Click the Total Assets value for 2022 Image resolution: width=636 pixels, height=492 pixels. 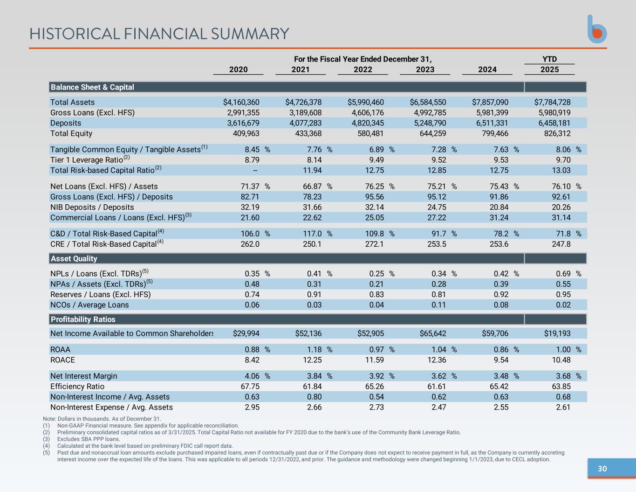coord(365,102)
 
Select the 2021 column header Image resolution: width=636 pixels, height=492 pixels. coord(301,69)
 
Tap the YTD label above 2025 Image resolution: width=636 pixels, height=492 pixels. coord(549,59)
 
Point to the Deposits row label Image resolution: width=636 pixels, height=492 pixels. coord(66,123)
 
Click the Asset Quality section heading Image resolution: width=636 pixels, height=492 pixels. coord(74,258)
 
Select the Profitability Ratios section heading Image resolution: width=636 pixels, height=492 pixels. coord(83,319)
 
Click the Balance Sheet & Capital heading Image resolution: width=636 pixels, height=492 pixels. coord(92,87)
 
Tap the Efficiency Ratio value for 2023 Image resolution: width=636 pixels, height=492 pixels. coord(437,387)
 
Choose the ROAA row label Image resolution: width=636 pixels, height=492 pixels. coord(60,350)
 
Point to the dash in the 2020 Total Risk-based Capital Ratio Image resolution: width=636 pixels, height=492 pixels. coord(255,170)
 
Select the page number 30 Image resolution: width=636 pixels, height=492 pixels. coord(602,469)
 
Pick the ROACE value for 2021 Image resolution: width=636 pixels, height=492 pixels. coord(312,360)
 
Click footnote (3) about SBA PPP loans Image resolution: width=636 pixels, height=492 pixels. coord(88,439)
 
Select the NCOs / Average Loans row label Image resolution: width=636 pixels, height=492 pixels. coord(89,305)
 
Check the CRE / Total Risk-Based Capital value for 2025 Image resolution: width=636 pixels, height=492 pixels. coord(561,244)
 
